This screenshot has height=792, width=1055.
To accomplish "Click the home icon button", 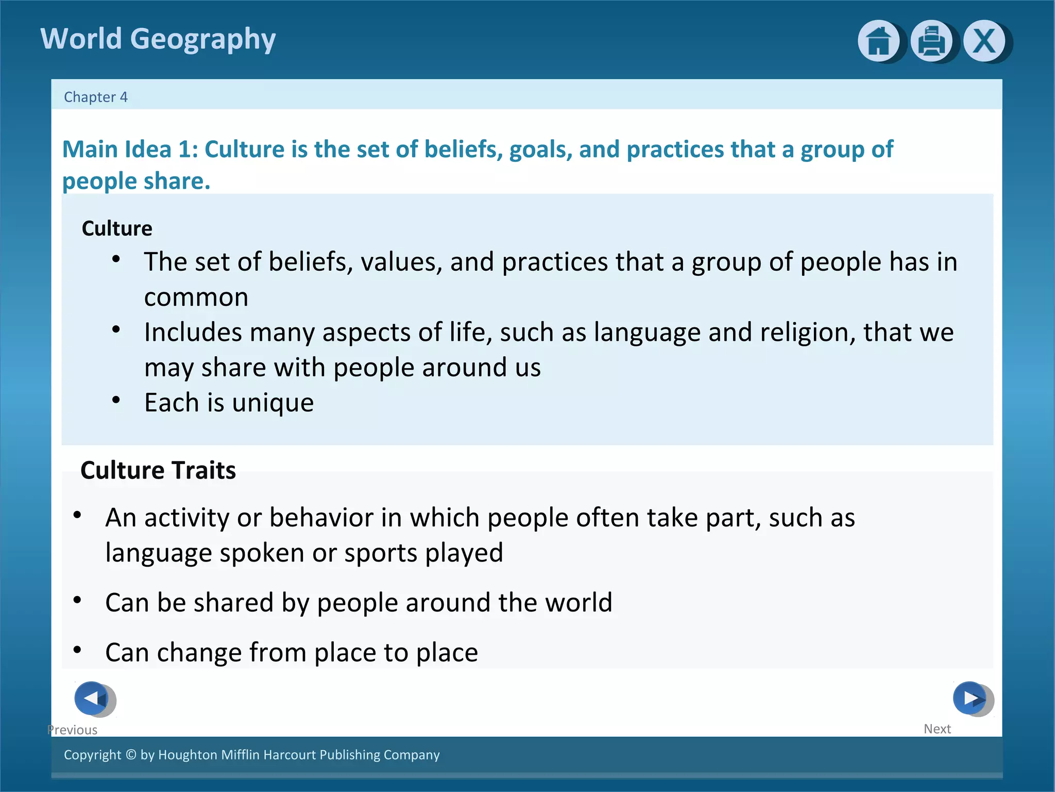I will (x=878, y=41).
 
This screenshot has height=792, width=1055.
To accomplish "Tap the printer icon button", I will (x=931, y=41).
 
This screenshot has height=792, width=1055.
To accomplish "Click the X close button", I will (x=984, y=41).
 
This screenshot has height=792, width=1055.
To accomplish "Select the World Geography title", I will (x=158, y=39).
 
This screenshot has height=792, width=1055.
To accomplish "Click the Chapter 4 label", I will (x=95, y=97).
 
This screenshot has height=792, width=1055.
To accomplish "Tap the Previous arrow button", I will (x=92, y=698).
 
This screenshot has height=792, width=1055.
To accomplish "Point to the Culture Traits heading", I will (x=158, y=470).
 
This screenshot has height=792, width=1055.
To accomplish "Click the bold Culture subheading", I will (x=117, y=228).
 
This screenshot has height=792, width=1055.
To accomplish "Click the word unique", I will (x=273, y=403).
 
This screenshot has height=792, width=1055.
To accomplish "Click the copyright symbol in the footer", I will (x=131, y=754).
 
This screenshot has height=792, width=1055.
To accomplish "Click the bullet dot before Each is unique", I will (x=116, y=400).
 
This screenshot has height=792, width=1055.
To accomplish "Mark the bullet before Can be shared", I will (x=77, y=600).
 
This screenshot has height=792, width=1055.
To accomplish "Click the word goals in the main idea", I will (x=541, y=150).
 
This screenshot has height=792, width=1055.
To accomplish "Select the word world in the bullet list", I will (x=579, y=602).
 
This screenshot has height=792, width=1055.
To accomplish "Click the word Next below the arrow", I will (x=937, y=729).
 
